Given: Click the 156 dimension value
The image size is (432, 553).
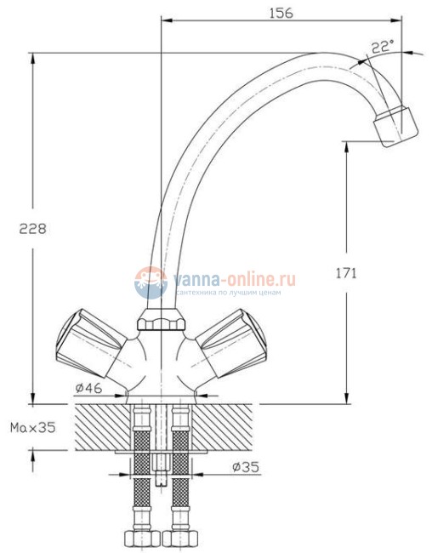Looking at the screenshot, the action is pos(281,13).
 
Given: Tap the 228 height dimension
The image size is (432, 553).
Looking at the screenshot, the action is pos(32,229).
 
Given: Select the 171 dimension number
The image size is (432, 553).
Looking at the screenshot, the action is pos(346,273).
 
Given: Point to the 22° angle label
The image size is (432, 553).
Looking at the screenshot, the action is pos(383,47).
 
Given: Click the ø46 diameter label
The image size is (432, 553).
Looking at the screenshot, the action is pos(88,388).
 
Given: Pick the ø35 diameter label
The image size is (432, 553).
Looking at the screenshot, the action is pos(246,467).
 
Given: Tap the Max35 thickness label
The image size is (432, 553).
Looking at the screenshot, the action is pos(33,427).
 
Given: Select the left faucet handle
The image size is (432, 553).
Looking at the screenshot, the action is pos(91,343).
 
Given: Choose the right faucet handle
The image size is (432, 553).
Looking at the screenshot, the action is pos(231,343).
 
